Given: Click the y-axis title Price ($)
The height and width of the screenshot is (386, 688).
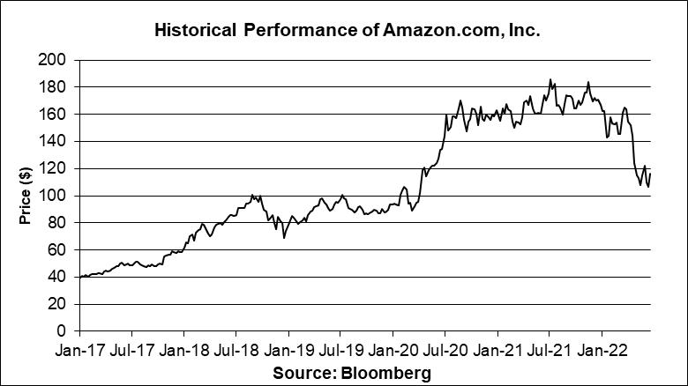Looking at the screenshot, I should point(26,195).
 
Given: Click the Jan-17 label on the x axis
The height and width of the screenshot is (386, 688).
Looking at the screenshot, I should point(79,350).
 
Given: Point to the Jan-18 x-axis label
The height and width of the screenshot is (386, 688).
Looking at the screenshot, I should point(184,350).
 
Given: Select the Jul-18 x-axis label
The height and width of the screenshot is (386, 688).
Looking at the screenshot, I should point(236,350).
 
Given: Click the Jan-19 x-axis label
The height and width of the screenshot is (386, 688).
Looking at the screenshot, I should point(288,350).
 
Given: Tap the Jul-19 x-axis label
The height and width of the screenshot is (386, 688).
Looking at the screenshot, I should point(340,350).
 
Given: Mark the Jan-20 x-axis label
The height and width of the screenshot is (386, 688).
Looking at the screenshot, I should point(393,350).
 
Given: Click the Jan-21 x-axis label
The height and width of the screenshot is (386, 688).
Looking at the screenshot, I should point(497,350).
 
